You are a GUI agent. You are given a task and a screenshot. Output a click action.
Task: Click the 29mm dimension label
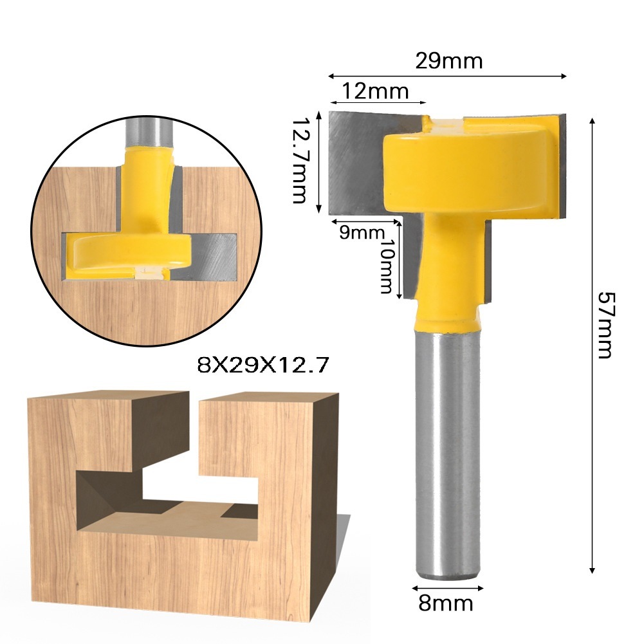(x=448, y=62)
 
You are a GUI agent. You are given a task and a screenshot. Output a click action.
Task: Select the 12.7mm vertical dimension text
(x=299, y=160)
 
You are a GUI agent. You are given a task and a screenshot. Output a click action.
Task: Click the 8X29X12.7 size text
(x=263, y=366)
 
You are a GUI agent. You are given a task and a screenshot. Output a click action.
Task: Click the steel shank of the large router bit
(x=446, y=450)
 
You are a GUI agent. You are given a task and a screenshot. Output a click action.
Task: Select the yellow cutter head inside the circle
(x=129, y=251)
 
